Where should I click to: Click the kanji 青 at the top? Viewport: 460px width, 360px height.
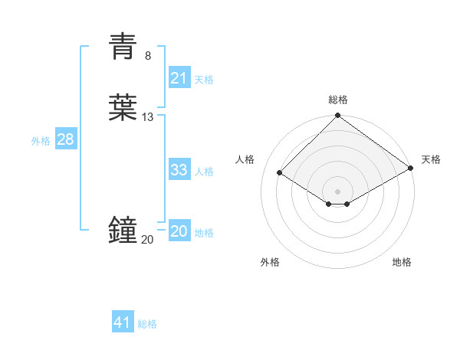(123, 47)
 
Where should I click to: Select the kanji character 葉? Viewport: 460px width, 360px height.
(123, 108)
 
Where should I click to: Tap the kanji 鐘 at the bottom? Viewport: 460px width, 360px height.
(123, 230)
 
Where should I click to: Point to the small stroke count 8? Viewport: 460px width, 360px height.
(148, 55)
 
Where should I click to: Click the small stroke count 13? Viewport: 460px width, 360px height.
(148, 116)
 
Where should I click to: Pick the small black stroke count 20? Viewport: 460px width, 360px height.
(147, 239)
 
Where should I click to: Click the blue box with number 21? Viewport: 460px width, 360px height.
(179, 77)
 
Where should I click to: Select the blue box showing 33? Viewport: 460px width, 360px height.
(179, 170)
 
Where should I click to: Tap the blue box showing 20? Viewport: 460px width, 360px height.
(179, 231)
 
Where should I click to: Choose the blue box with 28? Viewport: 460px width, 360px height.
(65, 139)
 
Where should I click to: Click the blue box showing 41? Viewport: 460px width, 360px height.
(123, 322)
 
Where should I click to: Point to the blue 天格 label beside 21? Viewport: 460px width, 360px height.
(204, 79)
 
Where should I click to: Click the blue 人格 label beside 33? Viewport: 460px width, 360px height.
(204, 172)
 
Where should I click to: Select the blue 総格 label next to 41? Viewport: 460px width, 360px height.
(147, 324)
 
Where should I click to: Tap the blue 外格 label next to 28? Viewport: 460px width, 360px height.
(41, 141)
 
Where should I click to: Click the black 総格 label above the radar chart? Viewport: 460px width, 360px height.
(337, 100)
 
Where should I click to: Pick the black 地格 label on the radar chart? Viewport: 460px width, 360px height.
(402, 262)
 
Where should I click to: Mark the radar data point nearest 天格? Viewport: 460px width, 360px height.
(410, 169)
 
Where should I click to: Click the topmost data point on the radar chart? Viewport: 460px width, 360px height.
(337, 116)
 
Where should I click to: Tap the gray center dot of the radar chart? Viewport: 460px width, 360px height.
(337, 190)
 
